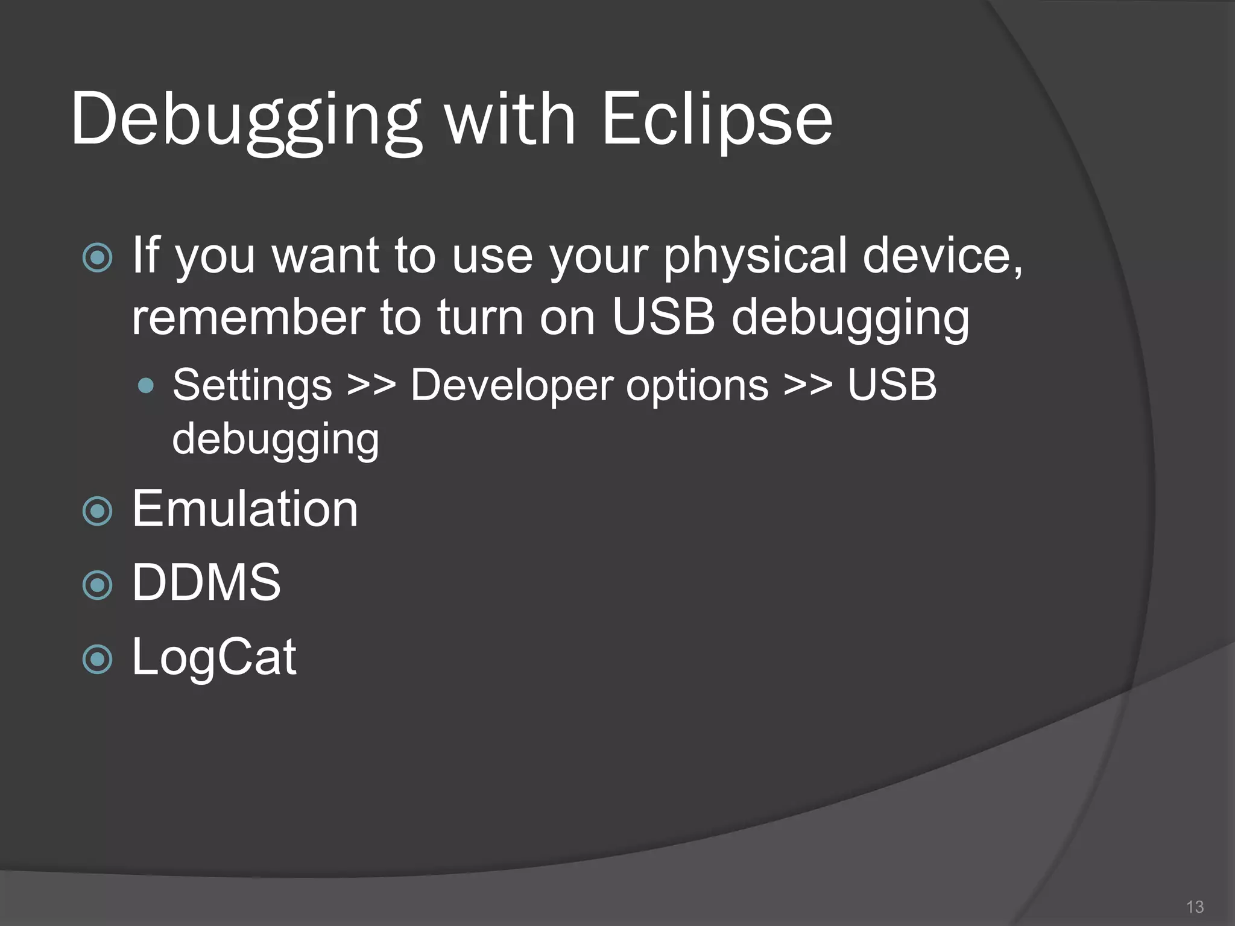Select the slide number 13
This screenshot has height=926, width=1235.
[1194, 907]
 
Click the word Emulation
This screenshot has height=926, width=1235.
[245, 509]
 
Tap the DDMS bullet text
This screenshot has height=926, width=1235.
[206, 582]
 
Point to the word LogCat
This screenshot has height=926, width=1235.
[214, 657]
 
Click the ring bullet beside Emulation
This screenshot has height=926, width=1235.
[97, 512]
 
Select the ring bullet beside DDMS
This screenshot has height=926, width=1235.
[97, 585]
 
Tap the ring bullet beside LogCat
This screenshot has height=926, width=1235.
[97, 659]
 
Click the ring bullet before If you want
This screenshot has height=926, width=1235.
[97, 258]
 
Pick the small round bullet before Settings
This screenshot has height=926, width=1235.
[145, 386]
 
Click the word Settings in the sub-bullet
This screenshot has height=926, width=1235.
[252, 385]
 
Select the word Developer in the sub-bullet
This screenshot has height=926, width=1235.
[511, 385]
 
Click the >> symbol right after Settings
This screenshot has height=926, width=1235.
[371, 385]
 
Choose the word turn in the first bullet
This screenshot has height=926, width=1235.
[480, 318]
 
